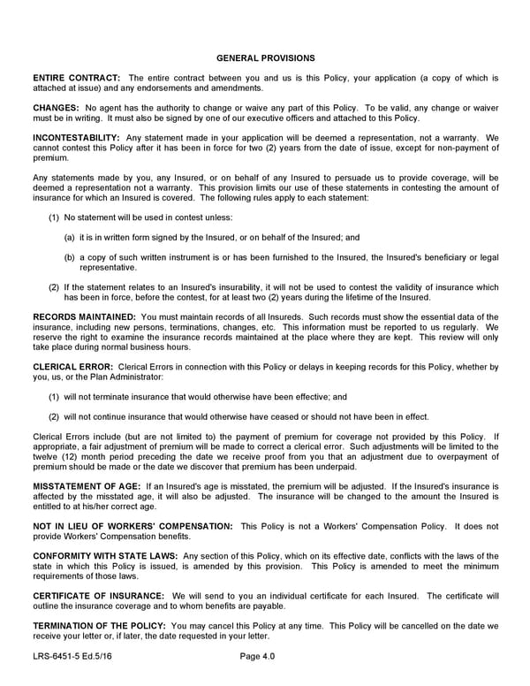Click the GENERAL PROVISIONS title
click(265, 58)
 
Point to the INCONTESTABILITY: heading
click(76, 138)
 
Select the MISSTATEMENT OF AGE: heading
click(86, 487)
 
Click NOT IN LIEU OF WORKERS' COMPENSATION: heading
click(132, 526)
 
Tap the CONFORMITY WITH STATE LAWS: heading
click(105, 556)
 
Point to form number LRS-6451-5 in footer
click(57, 657)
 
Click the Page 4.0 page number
click(257, 657)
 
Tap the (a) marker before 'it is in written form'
click(69, 238)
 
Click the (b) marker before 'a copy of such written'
click(69, 257)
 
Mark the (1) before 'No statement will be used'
click(54, 217)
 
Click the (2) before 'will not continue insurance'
click(54, 416)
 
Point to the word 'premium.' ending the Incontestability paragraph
click(49, 158)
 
